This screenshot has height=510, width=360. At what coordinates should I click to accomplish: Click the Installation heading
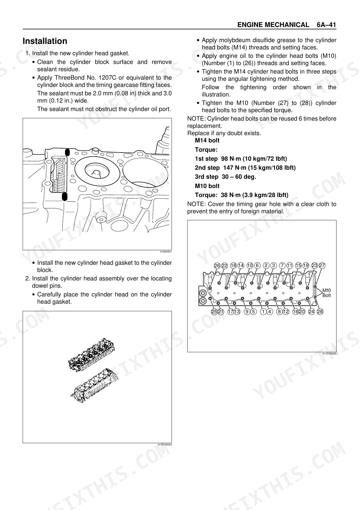pos(45,41)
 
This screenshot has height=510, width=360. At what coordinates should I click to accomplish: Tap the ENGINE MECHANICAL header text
pos(273,25)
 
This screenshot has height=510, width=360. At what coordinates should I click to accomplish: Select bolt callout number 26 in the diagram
pos(217,266)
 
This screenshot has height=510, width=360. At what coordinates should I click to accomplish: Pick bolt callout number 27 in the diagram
pos(322,266)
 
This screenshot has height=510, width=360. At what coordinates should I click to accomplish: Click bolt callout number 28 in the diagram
pos(320,312)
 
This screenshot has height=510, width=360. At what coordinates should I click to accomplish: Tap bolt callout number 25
pos(214,312)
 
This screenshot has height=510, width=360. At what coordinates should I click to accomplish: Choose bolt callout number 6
pos(257,266)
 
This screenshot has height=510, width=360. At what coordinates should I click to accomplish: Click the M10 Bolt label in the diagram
pos(327,293)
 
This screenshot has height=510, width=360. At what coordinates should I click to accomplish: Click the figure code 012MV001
pos(166,252)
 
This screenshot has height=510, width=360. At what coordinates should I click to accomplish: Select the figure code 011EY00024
pos(165,445)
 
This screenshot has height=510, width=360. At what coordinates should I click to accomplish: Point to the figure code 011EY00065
pos(329,354)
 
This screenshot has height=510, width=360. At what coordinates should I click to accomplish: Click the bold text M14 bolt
pos(207,141)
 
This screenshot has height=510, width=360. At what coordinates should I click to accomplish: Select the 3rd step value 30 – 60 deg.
pos(239,177)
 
